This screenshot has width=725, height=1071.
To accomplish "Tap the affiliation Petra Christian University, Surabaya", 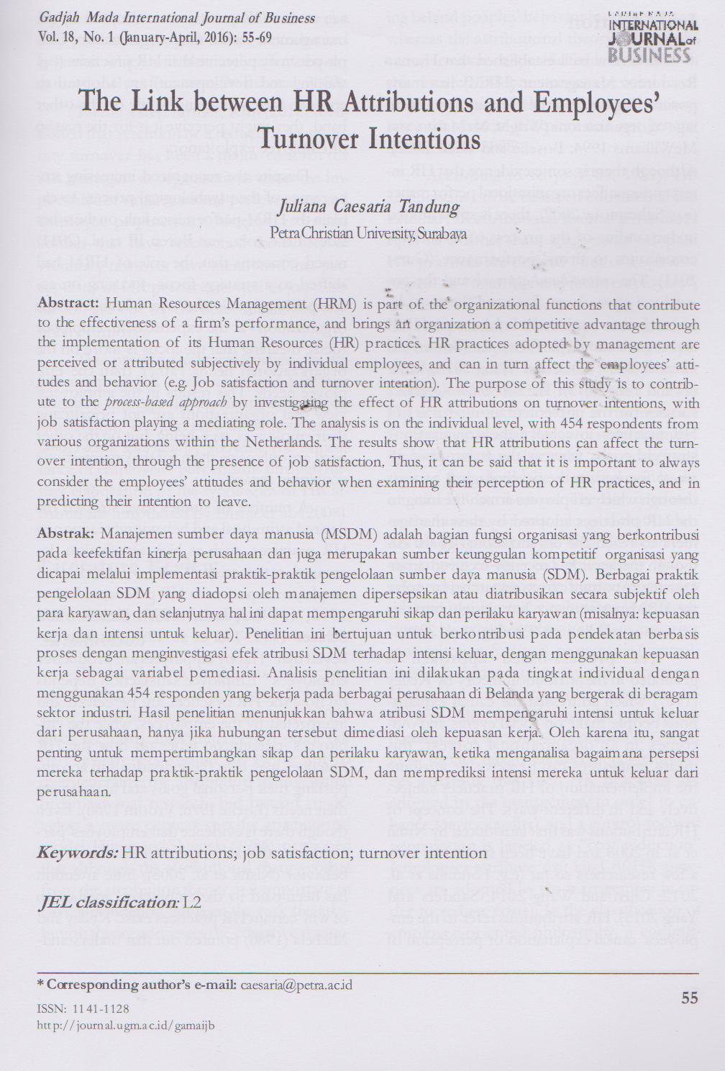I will coord(368,233).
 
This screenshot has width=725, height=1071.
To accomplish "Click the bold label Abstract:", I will coord(68,304).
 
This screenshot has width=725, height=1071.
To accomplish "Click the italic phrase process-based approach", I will coord(165,402).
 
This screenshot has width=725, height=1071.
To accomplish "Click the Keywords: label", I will coord(77,854).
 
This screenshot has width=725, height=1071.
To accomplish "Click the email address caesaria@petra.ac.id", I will coord(296,984).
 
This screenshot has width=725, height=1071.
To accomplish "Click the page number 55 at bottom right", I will coord(688,998).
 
